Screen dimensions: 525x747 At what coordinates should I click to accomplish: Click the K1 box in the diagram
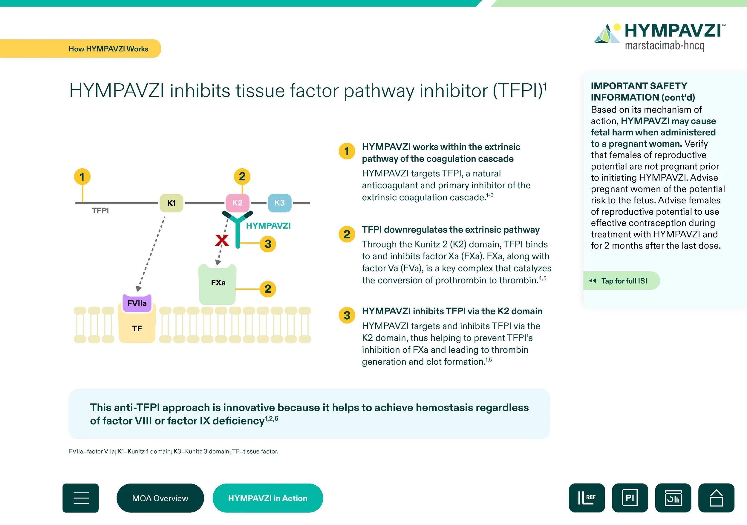click(171, 203)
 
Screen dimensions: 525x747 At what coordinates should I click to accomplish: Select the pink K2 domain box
click(238, 203)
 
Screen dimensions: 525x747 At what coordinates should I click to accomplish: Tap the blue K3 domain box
click(279, 203)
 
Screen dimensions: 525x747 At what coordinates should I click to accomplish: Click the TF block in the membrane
click(137, 328)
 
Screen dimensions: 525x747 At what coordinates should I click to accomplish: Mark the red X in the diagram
click(222, 241)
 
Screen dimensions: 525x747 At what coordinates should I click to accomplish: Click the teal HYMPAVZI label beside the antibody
click(268, 226)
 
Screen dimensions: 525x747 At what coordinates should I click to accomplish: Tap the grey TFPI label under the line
click(100, 211)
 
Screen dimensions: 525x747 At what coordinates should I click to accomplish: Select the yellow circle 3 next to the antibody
click(268, 244)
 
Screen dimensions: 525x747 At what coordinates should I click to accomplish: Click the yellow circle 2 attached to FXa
click(268, 289)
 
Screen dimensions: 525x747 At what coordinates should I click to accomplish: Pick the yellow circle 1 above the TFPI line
click(82, 177)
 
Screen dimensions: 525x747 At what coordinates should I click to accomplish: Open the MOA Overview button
click(160, 498)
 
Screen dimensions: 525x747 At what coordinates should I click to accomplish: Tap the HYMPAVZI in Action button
click(267, 498)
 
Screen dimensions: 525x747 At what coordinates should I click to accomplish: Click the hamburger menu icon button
click(81, 498)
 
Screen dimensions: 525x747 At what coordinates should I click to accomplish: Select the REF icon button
click(587, 498)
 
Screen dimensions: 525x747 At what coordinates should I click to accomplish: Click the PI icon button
click(630, 498)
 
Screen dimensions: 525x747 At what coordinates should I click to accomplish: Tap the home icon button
click(716, 498)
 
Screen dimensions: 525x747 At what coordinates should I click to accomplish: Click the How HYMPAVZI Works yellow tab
click(108, 49)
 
